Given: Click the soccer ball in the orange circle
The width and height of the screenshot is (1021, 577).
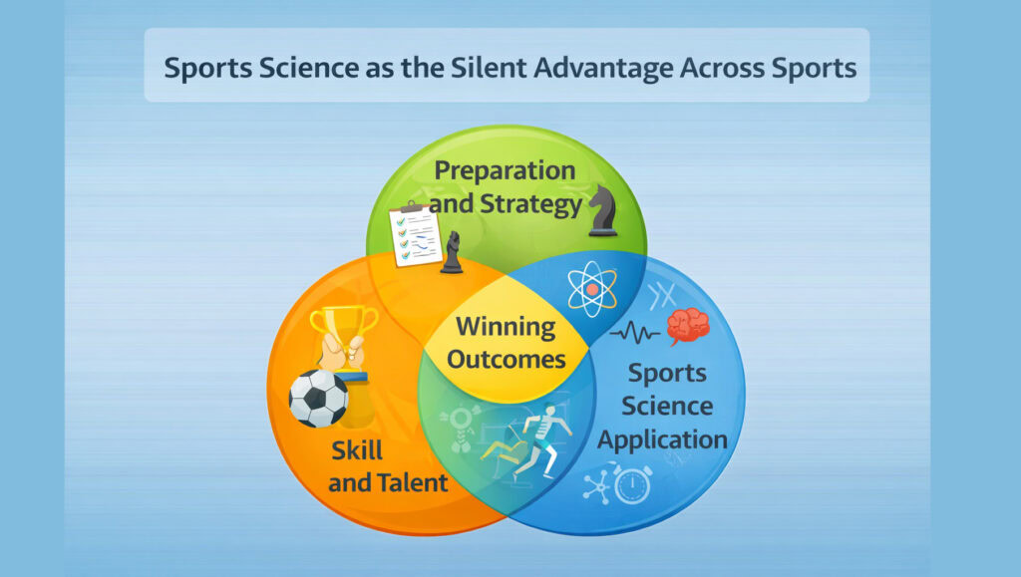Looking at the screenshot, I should (318, 399).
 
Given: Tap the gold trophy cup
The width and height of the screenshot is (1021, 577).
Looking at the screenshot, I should (342, 333).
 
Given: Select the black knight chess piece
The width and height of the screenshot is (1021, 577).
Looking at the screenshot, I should (602, 210).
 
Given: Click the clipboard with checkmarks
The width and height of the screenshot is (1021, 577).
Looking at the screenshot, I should (416, 235).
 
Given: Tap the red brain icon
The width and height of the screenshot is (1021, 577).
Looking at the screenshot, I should (688, 324).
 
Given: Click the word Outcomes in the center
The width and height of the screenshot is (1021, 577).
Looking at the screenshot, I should (506, 359).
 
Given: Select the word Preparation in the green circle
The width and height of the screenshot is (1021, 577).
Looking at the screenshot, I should (505, 170).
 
